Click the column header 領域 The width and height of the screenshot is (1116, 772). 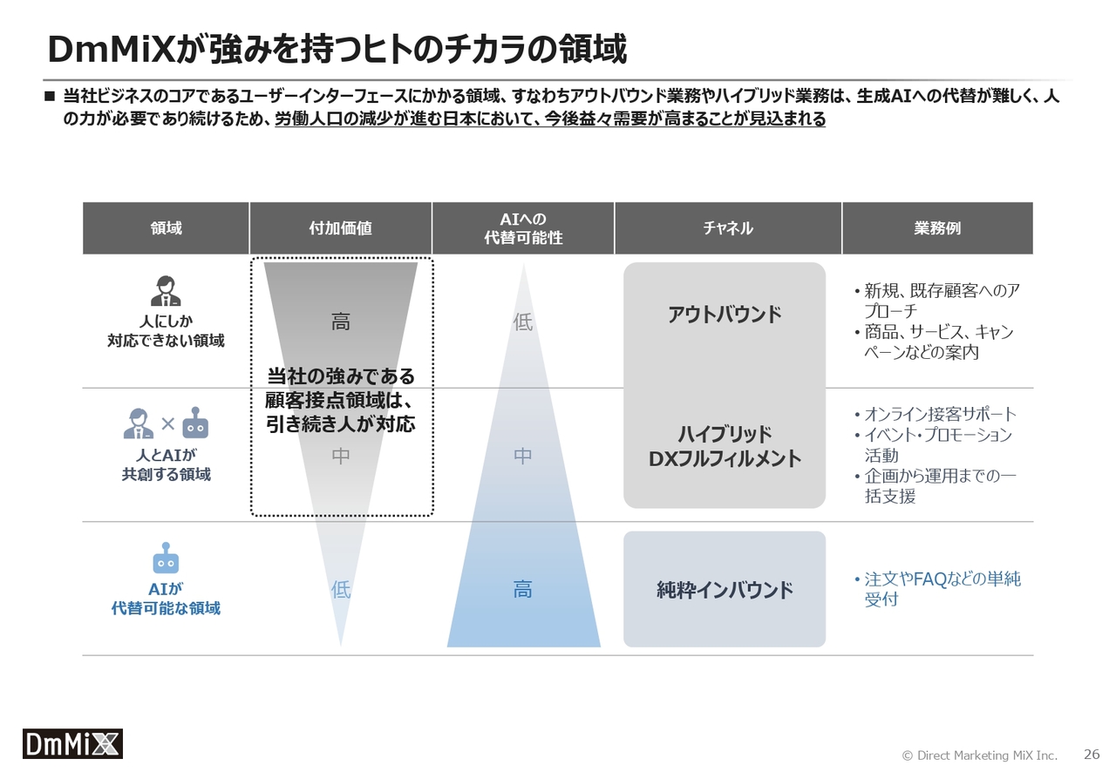tap(166, 228)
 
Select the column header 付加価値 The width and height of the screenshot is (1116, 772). tap(340, 228)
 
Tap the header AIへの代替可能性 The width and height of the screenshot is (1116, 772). tap(523, 228)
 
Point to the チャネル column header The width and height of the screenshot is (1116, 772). tap(728, 228)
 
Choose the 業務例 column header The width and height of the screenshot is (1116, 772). tap(937, 228)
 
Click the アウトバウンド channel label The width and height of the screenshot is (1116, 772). tap(725, 315)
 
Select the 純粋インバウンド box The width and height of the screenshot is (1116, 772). tap(725, 589)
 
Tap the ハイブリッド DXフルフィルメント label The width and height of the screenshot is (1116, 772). tap(725, 446)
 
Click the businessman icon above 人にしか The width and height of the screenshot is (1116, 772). tap(166, 291)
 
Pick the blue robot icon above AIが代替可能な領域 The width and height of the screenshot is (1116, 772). tap(166, 558)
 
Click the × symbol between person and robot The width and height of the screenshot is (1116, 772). tap(168, 423)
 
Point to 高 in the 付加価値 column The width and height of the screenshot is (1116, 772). tap(341, 322)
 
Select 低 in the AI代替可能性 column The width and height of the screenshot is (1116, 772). tap(523, 322)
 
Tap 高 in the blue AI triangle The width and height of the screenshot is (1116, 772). tap(522, 589)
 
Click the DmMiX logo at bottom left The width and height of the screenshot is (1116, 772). tap(72, 743)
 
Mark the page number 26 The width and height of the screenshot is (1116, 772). tap(1091, 754)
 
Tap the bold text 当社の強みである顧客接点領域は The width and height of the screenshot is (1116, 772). tap(340, 389)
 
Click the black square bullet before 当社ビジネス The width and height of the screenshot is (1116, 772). tap(50, 96)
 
